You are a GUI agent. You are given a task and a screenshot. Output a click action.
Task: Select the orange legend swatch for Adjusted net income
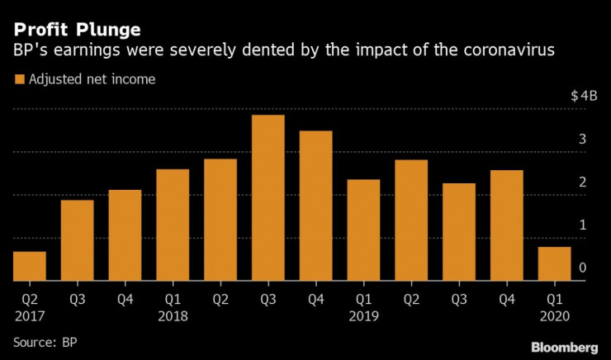19,80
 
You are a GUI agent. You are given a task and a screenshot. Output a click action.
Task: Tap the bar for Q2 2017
30,266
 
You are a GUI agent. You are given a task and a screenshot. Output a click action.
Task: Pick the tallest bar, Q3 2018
268,198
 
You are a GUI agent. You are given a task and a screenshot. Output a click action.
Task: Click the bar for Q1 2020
555,263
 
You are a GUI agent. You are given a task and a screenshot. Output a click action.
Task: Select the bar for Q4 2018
315,206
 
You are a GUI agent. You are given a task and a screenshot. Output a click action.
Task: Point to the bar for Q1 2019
363,230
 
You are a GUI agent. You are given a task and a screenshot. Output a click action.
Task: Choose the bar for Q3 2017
77,240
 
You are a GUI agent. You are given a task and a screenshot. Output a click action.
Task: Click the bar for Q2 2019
411,220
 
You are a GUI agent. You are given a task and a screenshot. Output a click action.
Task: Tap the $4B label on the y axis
583,96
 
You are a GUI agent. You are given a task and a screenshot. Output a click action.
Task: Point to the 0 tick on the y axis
583,268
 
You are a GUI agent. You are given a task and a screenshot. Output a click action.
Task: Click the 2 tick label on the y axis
583,182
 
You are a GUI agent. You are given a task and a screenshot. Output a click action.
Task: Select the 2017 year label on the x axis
29,316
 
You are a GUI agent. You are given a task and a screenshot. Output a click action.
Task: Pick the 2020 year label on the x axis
555,316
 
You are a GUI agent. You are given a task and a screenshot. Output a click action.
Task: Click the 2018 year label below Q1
173,316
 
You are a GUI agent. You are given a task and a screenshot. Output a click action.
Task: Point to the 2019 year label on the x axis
364,316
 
